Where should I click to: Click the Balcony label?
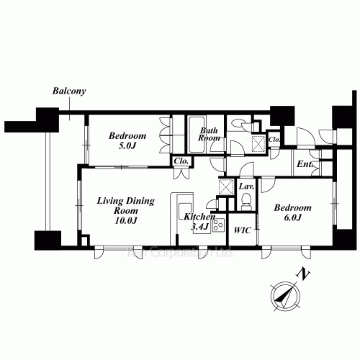click(69, 91)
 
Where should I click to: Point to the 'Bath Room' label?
click(209, 133)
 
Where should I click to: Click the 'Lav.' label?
click(246, 187)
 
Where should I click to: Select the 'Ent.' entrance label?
click(304, 165)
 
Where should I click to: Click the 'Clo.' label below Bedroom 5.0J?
click(181, 161)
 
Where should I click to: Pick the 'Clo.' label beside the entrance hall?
click(274, 138)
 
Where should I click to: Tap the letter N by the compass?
click(306, 274)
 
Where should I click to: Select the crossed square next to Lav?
click(225, 186)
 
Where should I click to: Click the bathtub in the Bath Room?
click(197, 135)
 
